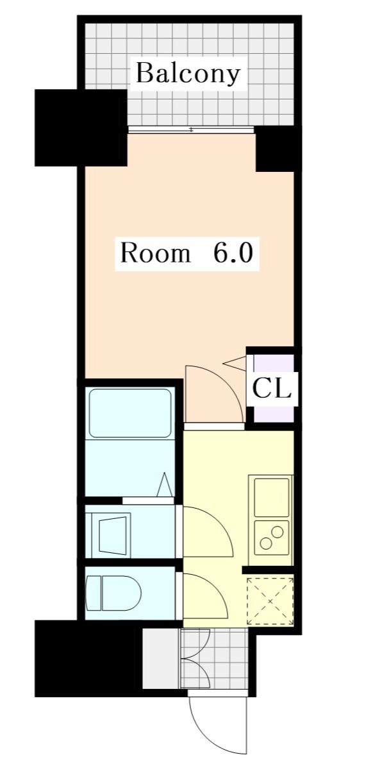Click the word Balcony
[x=188, y=74]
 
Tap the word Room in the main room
[x=154, y=253]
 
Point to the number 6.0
[x=232, y=253]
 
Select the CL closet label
[x=271, y=388]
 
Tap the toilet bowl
[x=113, y=593]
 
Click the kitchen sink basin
[x=271, y=497]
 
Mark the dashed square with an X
[x=270, y=600]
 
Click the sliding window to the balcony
[x=191, y=130]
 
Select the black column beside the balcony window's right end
[x=278, y=149]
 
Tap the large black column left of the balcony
[x=81, y=128]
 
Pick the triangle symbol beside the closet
[x=235, y=363]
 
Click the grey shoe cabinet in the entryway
[x=161, y=658]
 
